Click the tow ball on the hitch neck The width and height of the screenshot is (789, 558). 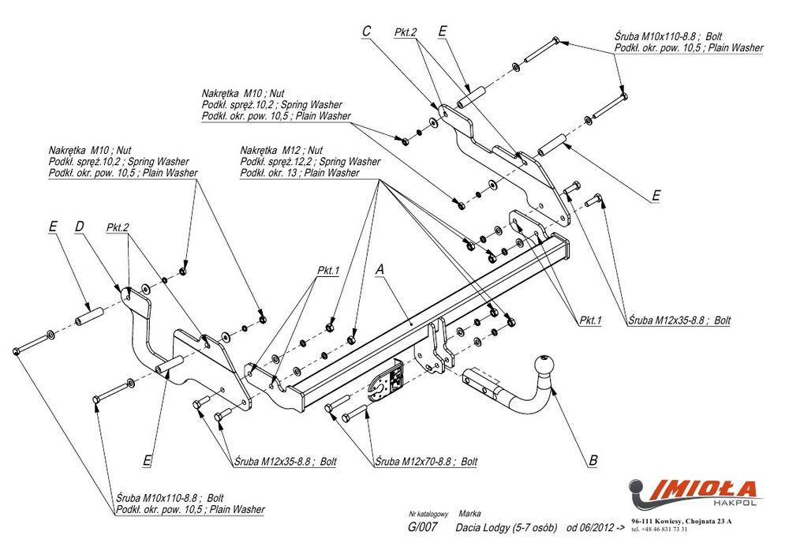click(545, 366)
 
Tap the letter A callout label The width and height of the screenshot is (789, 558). click(380, 269)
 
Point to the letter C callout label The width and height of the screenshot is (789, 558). click(366, 31)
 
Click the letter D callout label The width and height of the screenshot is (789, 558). click(79, 227)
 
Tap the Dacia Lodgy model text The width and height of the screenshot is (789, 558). click(507, 527)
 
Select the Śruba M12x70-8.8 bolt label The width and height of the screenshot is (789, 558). click(426, 461)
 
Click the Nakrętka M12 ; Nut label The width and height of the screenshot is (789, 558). click(282, 150)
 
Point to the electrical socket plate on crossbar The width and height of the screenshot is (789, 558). click(387, 385)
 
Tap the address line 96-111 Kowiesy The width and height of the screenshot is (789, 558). click(682, 522)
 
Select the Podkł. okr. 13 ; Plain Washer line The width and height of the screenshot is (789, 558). click(299, 172)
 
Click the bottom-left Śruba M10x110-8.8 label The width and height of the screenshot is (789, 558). click(170, 498)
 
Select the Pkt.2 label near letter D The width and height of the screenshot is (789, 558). click(117, 227)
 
